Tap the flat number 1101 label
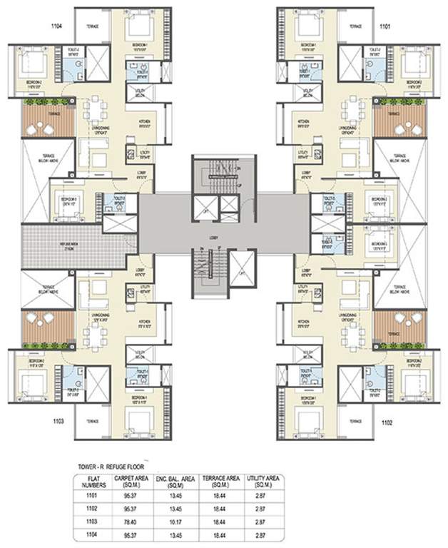[385, 26]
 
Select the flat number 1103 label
[58, 422]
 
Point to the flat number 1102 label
[386, 422]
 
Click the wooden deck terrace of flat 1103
[47, 327]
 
